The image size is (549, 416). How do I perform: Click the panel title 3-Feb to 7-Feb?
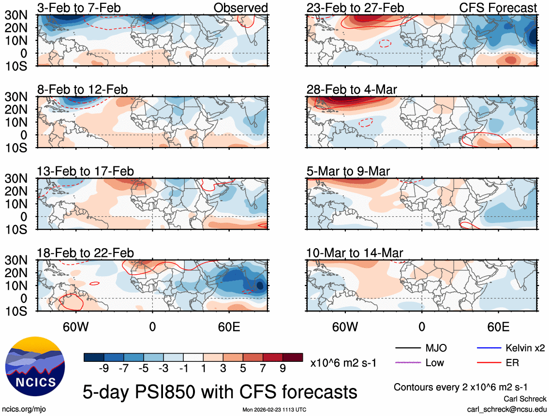tap(79, 8)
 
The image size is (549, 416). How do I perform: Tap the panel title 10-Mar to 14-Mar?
tap(355, 253)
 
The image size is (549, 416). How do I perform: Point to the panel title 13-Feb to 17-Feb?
tap(85, 171)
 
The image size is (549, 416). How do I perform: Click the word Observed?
tap(240, 8)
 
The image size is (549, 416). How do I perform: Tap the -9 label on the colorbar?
tap(103, 369)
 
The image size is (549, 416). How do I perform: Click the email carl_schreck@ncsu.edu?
tap(506, 409)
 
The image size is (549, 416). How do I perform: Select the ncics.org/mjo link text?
tap(22, 409)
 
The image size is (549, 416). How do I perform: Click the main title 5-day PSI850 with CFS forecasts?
tap(221, 391)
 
